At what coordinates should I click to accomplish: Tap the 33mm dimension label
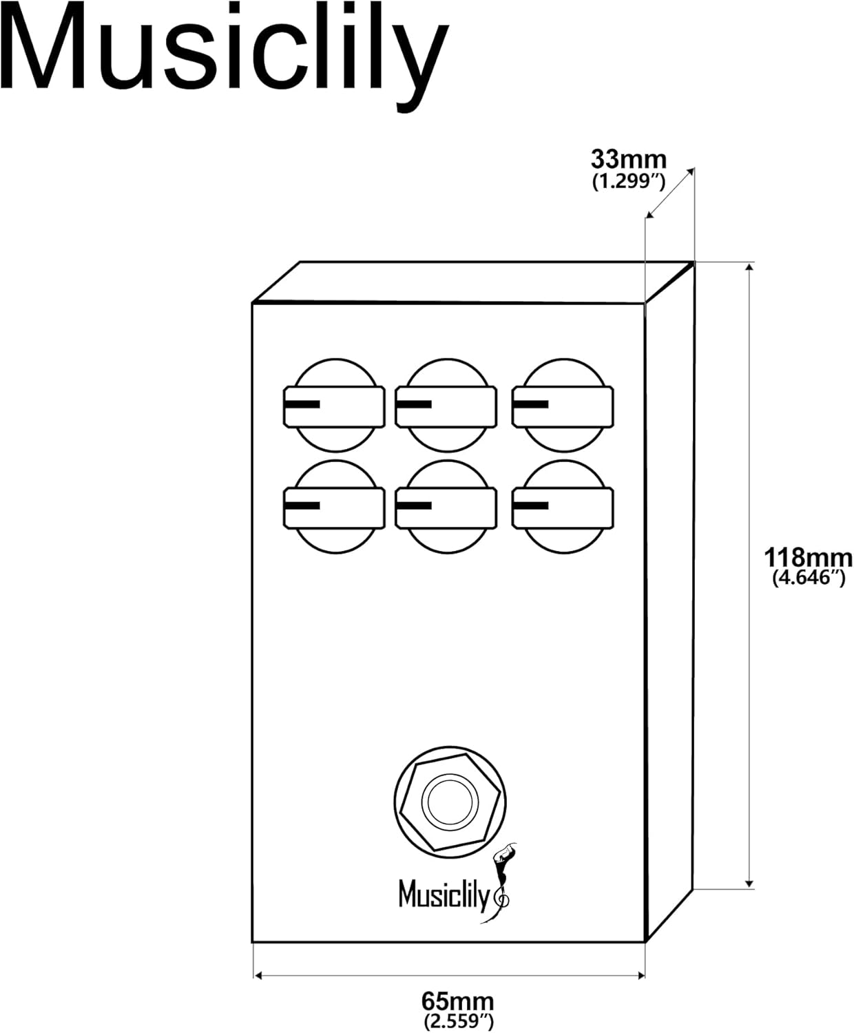pos(628,160)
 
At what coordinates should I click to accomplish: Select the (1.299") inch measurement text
pos(628,182)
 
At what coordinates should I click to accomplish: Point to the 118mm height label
pos(808,558)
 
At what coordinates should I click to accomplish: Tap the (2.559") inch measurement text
pos(458,1021)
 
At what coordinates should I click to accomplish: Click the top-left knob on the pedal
pos(335,406)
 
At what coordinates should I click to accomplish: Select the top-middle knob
pos(446,406)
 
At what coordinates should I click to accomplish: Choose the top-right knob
pos(563,406)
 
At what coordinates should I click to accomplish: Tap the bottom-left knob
pos(335,507)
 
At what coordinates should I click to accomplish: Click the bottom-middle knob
pos(446,507)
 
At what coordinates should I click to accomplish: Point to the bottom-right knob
pos(563,507)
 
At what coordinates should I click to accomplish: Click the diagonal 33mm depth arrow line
pos(670,193)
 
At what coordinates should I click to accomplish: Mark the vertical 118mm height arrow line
pos(749,576)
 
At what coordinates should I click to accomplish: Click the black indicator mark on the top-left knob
pos(302,404)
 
